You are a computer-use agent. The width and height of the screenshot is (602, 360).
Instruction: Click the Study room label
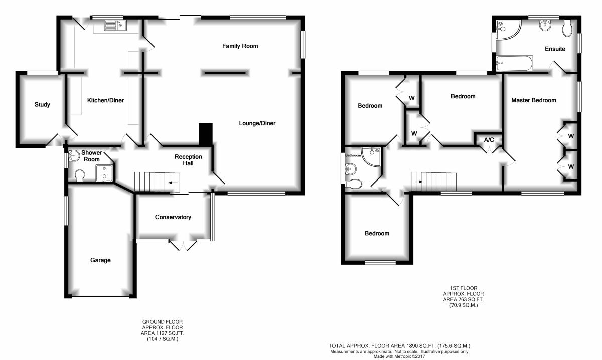pyautogui.click(x=42, y=105)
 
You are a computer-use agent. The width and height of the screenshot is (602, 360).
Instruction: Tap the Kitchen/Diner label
pyautogui.click(x=105, y=100)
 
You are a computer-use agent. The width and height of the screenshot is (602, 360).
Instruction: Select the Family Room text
pyautogui.click(x=240, y=46)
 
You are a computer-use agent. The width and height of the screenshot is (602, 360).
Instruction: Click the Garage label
pyautogui.click(x=100, y=260)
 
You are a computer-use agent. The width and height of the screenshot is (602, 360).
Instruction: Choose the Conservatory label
pyautogui.click(x=173, y=217)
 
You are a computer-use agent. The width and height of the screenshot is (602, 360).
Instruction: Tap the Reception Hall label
pyautogui.click(x=188, y=160)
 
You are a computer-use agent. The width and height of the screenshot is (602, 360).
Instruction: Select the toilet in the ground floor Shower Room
pyautogui.click(x=78, y=176)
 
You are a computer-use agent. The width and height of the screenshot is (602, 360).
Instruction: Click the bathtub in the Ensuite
pyautogui.click(x=514, y=63)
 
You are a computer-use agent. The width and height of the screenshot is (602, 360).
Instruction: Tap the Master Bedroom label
pyautogui.click(x=534, y=100)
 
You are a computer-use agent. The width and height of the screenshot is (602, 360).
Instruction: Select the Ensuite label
pyautogui.click(x=555, y=49)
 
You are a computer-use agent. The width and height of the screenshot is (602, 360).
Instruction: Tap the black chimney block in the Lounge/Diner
pyautogui.click(x=206, y=134)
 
